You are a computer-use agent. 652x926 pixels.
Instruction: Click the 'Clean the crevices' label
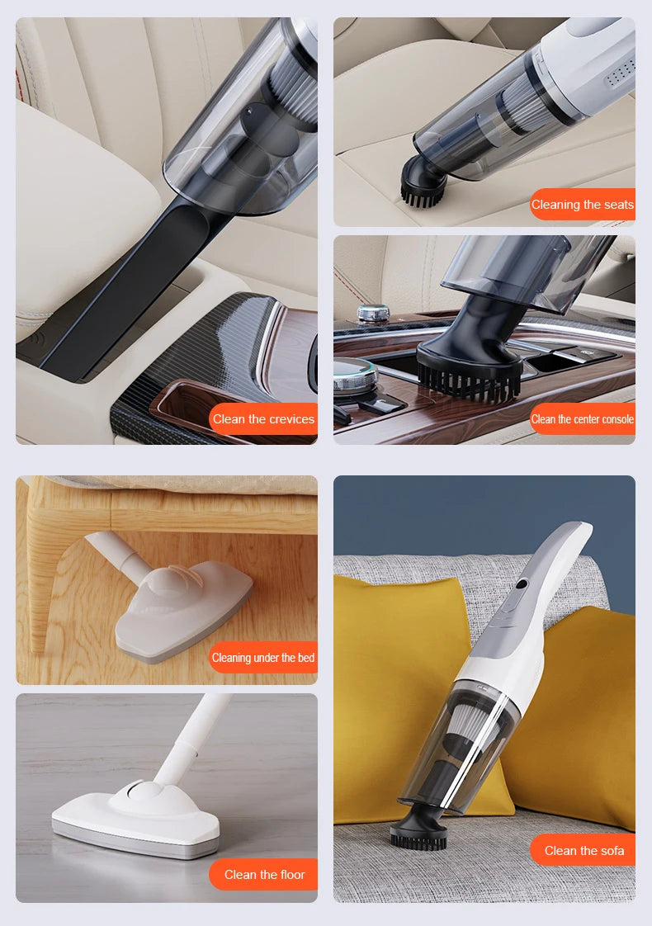click(263, 419)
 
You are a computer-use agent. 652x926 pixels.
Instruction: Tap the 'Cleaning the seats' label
click(583, 205)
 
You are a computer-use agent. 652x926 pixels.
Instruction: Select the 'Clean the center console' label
click(583, 419)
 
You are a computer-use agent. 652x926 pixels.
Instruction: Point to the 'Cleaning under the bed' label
click(263, 658)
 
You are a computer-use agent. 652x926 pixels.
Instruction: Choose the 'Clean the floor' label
click(264, 875)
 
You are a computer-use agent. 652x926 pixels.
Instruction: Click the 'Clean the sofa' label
click(583, 851)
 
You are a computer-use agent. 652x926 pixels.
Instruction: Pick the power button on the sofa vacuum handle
click(522, 585)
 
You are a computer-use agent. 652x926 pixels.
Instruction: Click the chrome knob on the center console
click(373, 314)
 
